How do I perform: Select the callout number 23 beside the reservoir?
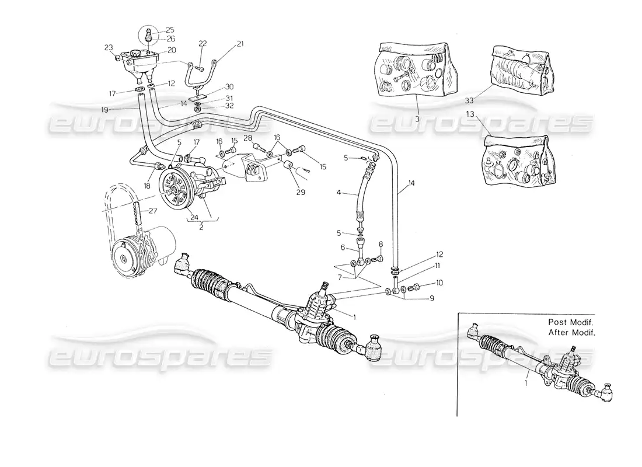(109, 48)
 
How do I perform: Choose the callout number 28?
(247, 137)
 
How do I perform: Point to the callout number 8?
(381, 244)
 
